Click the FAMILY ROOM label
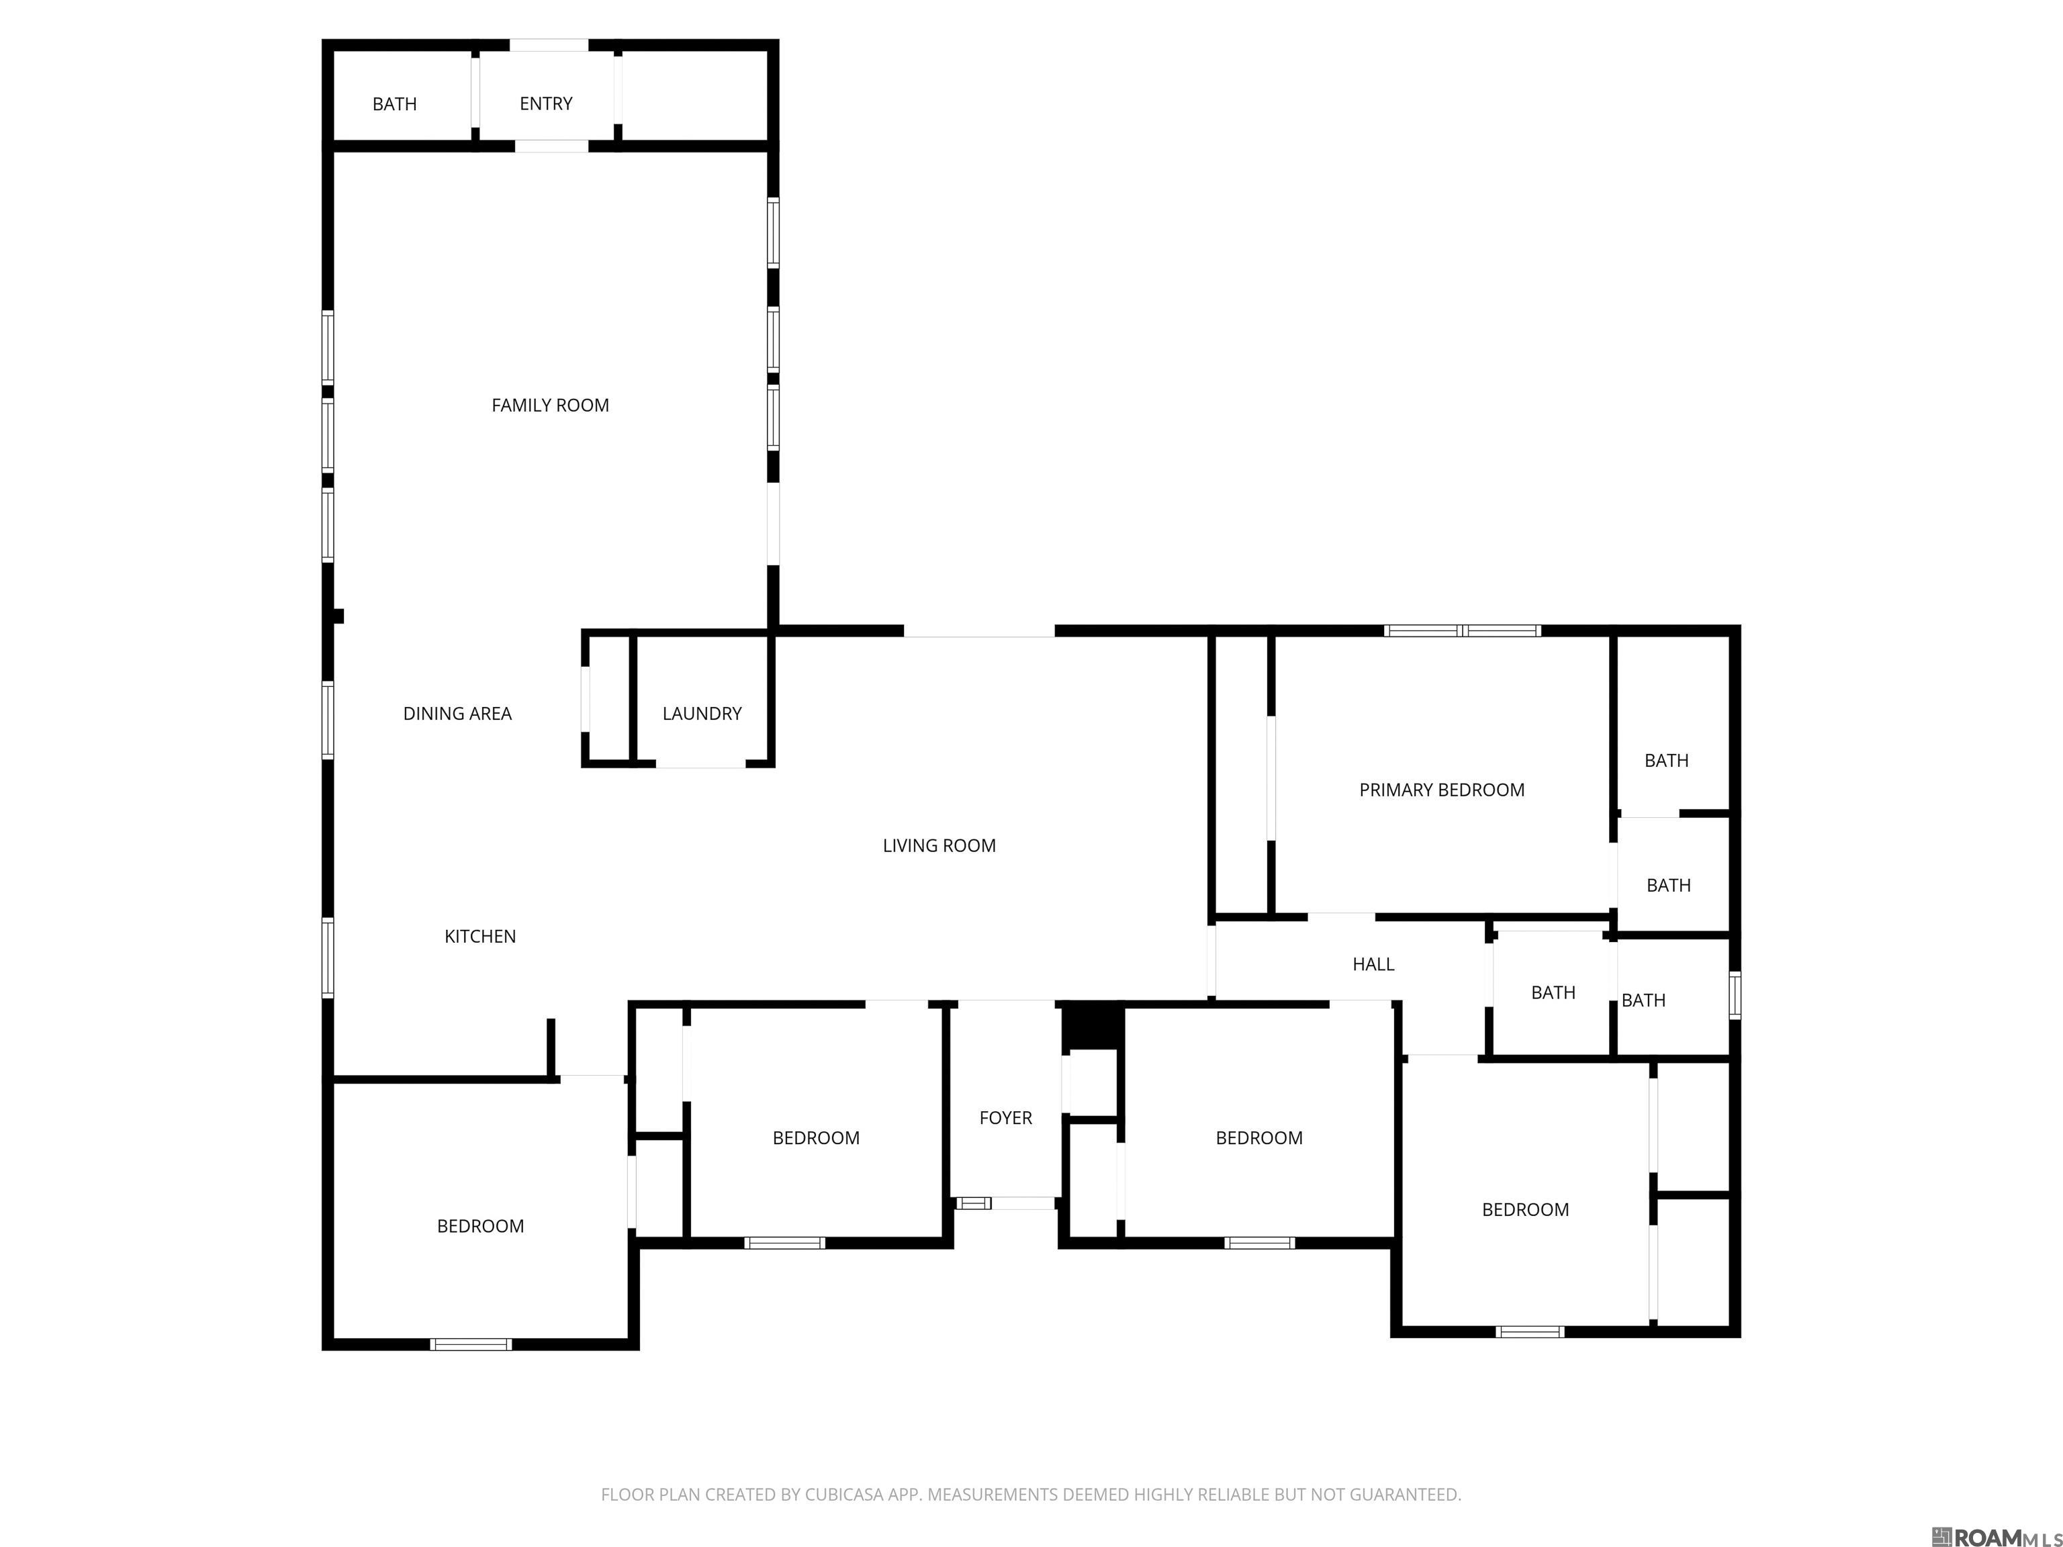coord(549,405)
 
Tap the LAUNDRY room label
coord(701,713)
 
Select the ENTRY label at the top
coord(545,103)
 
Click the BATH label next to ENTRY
coord(394,103)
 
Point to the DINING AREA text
coord(457,713)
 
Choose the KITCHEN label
coord(479,936)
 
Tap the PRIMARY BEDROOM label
coord(1441,790)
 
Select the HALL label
coord(1373,964)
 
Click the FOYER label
coord(1005,1117)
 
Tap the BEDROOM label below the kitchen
coord(479,1226)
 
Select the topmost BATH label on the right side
coord(1665,761)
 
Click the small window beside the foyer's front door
coord(973,1203)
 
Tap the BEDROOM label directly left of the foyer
coord(815,1137)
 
